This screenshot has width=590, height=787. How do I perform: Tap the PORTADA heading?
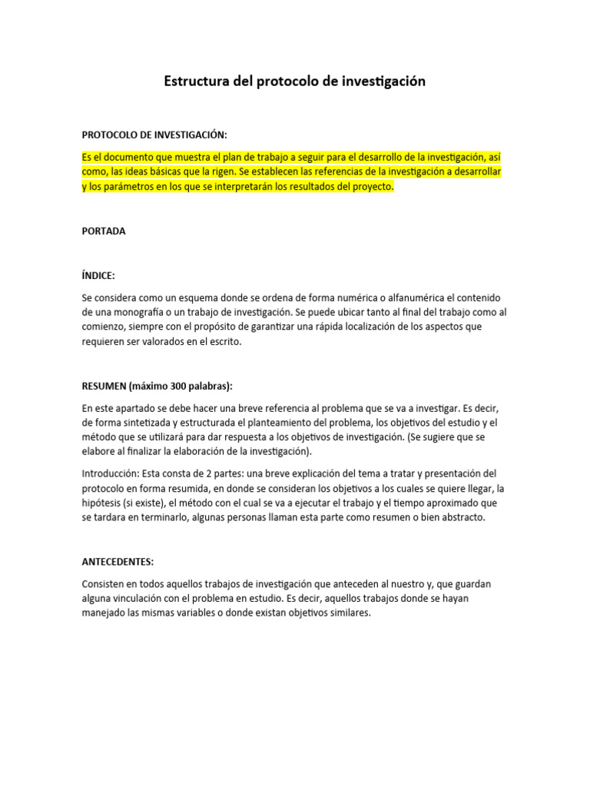coord(104,231)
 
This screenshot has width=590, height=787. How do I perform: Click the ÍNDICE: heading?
coord(98,274)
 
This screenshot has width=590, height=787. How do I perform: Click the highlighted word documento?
coord(124,157)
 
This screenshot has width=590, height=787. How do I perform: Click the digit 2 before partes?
coord(200,473)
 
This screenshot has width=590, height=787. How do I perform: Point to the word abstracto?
coord(459,517)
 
